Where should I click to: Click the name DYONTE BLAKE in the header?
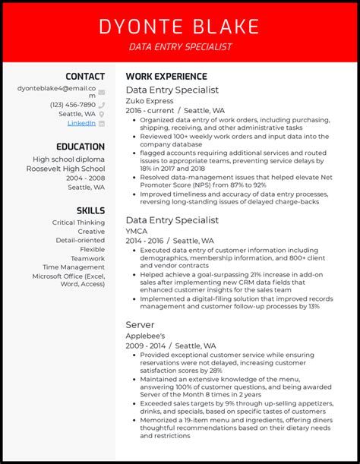coord(180,27)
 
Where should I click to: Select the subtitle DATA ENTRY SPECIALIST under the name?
coord(180,47)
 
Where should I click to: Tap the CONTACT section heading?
coord(85,77)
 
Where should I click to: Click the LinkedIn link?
coord(81,123)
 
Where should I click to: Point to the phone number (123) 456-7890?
coord(73,105)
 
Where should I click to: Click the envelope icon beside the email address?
coord(101,93)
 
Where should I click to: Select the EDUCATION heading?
coord(81,147)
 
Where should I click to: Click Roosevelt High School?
coord(69,169)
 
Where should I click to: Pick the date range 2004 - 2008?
coord(86,178)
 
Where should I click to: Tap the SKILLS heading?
coord(90,210)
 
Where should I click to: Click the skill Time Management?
coord(74,267)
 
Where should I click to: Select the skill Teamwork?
coord(87,258)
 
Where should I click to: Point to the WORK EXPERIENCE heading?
coord(166,77)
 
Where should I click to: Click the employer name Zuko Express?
coord(150,100)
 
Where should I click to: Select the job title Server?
coord(141,324)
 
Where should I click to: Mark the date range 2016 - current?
coord(149,111)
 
